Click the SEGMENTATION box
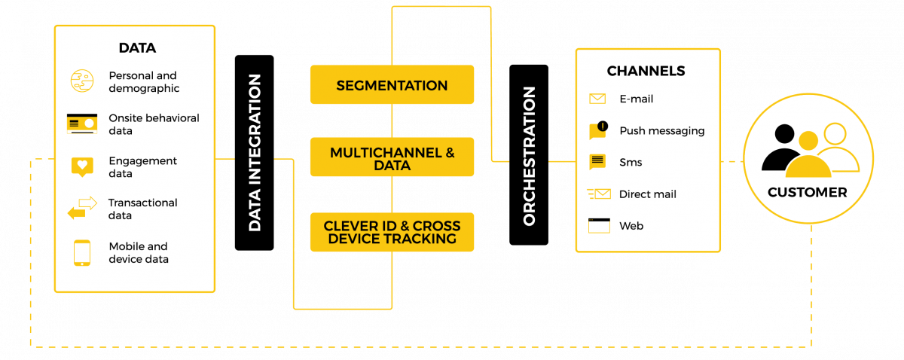pyautogui.click(x=392, y=85)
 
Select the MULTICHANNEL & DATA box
pyautogui.click(x=392, y=157)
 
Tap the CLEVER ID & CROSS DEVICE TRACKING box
pyautogui.click(x=392, y=232)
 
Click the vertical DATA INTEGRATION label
pyautogui.click(x=255, y=152)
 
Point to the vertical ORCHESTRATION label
pyautogui.click(x=529, y=156)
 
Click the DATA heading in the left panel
pyautogui.click(x=137, y=48)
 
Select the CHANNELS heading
pyautogui.click(x=646, y=71)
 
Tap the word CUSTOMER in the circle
pyautogui.click(x=807, y=192)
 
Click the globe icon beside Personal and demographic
pyautogui.click(x=81, y=81)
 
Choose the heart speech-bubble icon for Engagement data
pyautogui.click(x=81, y=166)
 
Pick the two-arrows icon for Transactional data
pyautogui.click(x=82, y=208)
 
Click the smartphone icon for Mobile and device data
pyautogui.click(x=81, y=252)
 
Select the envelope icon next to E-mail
pyautogui.click(x=597, y=99)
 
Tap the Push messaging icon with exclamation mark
pyautogui.click(x=598, y=130)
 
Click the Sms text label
pyautogui.click(x=631, y=163)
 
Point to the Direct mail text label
pyautogui.click(x=647, y=194)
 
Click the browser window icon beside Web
pyautogui.click(x=599, y=225)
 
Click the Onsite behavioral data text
pyautogui.click(x=154, y=124)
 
